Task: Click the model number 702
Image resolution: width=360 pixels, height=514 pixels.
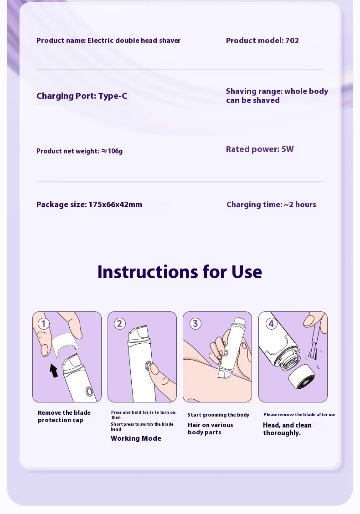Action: pos(292,41)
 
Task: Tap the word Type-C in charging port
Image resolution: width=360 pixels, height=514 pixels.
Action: pos(113,96)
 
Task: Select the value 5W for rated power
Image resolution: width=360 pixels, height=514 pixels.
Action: pos(288,149)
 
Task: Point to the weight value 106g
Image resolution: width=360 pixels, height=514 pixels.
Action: pos(115,151)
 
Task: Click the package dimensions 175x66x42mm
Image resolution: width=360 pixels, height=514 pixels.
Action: pos(115,204)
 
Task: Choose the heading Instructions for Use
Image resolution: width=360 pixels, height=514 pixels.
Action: pos(180,272)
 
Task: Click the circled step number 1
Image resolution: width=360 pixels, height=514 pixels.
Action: pos(44,324)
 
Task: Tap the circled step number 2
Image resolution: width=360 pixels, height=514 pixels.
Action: pos(119,324)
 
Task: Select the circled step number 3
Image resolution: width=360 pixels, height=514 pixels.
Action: pos(195,324)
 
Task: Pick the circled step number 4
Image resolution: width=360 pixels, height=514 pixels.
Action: pos(271,324)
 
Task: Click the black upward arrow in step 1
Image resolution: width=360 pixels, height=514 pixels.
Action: pos(54,371)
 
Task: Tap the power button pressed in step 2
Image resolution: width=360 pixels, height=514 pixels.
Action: pos(149,366)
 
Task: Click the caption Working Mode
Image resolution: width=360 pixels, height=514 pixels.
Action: pos(136,438)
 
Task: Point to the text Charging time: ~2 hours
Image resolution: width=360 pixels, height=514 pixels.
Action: pos(272,204)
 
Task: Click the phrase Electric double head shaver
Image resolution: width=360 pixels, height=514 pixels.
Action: pos(134,41)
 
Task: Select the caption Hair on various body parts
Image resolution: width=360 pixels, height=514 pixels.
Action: pos(211,429)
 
